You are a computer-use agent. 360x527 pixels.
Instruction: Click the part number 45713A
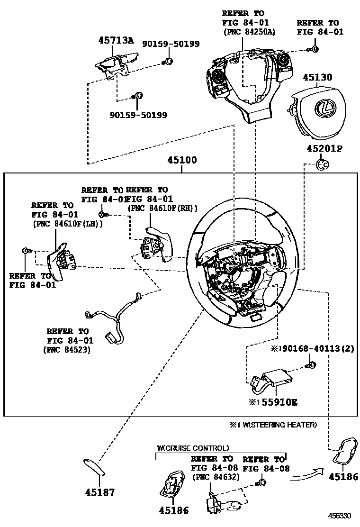pos(116,40)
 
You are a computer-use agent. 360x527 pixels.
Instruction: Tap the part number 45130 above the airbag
pos(317,77)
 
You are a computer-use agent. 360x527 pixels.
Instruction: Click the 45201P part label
pos(324,148)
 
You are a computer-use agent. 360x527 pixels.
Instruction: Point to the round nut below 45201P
pos(323,165)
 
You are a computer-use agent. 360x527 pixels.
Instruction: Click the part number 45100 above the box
pos(182,160)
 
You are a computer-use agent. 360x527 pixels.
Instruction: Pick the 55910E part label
pos(279,402)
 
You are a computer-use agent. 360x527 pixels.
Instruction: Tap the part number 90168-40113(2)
pos(318,348)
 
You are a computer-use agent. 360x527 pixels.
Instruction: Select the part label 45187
pos(100,492)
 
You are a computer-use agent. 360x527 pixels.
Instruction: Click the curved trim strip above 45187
pos(94,467)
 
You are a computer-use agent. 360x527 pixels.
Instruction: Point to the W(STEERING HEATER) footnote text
pos(279,425)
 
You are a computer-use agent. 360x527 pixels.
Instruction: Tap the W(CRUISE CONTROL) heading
pos(193,448)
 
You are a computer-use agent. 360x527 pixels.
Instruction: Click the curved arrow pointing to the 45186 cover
pos(306,473)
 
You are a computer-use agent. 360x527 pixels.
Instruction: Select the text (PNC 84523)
pos(67,350)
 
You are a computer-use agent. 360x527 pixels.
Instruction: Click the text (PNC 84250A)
pos(249,32)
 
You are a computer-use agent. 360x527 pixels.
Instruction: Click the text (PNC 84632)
pos(216,477)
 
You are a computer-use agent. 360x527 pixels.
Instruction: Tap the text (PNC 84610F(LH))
pos(68,224)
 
